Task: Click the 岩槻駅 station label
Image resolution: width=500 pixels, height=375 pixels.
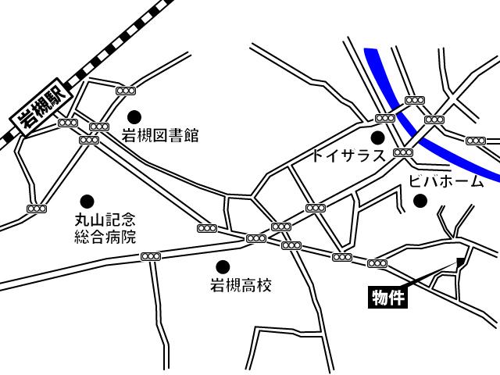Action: (x=41, y=108)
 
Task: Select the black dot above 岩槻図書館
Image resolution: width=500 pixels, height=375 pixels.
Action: (x=134, y=116)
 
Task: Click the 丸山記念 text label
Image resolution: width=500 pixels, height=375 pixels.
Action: (x=105, y=220)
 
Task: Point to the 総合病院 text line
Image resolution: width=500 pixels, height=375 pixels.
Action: (x=105, y=236)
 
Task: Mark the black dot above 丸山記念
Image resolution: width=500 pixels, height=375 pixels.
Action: (x=87, y=201)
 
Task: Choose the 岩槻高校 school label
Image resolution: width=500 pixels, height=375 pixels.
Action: (x=241, y=286)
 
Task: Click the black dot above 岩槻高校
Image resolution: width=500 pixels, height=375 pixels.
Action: (x=223, y=267)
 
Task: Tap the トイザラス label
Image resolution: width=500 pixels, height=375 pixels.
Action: (x=348, y=155)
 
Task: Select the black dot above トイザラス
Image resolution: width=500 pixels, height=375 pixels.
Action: (x=378, y=137)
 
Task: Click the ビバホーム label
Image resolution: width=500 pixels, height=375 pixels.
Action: (x=446, y=182)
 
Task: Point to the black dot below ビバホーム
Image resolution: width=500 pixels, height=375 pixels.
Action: (x=420, y=201)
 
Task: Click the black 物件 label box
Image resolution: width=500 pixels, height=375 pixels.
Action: (x=388, y=297)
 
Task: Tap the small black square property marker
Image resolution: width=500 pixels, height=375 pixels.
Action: (x=461, y=262)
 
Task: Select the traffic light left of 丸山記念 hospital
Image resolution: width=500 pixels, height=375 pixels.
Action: (x=37, y=209)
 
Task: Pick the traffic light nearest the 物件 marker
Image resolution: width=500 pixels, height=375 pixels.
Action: (x=377, y=263)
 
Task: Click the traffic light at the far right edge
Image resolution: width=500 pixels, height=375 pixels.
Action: (x=476, y=141)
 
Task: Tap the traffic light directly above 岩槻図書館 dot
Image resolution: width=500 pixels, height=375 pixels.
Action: (x=126, y=91)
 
